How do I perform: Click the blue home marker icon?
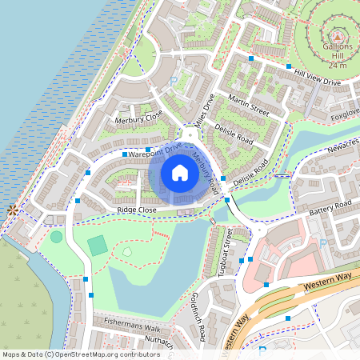180,173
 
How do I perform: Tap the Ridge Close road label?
136,210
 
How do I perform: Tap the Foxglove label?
346,114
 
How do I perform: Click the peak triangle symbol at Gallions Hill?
337,36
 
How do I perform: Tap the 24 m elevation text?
338,66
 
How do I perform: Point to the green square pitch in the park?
97,246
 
